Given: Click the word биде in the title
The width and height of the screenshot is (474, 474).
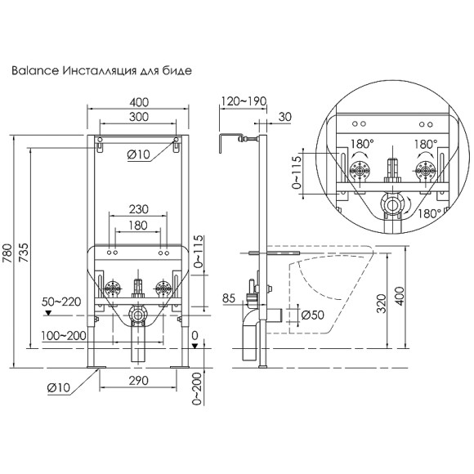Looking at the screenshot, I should click(177, 71).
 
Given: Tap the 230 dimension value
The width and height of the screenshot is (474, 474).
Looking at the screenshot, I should click(139, 208).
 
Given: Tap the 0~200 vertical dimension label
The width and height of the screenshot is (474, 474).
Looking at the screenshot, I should click(195, 387).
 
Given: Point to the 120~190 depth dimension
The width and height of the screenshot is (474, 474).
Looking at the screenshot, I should click(243, 101).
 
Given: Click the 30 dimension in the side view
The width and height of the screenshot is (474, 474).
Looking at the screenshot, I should click(284, 117).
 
